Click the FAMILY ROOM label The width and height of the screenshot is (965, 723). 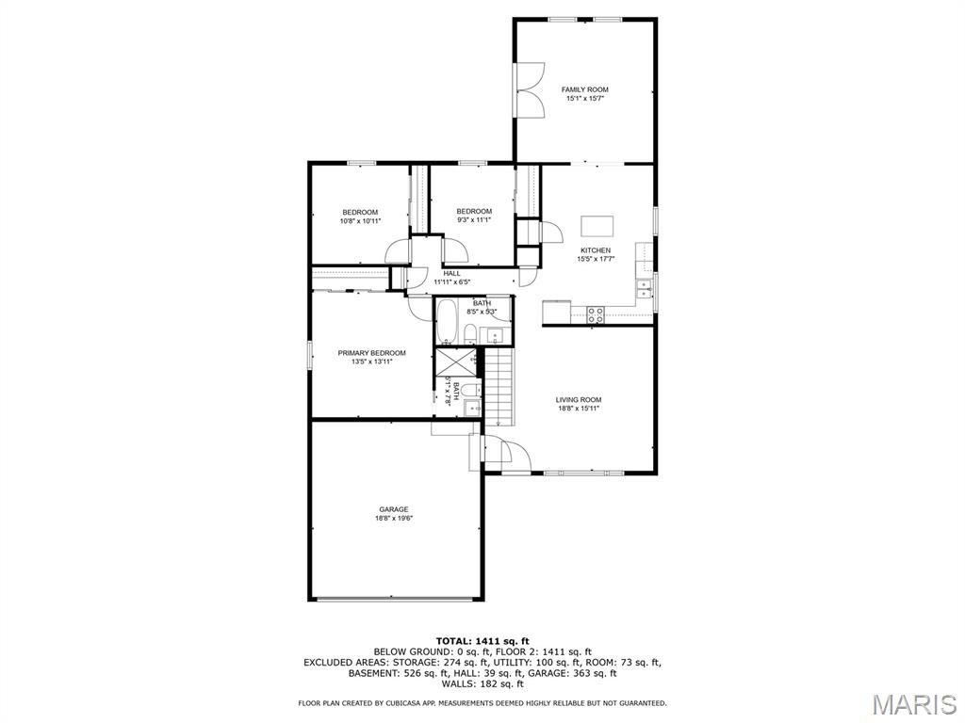[584, 89]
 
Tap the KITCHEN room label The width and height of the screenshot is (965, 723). [595, 250]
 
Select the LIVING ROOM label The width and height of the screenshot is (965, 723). [578, 400]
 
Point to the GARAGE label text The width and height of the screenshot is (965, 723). [394, 509]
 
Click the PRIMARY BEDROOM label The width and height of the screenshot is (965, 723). [371, 353]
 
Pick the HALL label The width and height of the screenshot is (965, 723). [451, 273]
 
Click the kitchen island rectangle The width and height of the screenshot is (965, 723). [597, 226]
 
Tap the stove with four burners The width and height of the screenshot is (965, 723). [596, 315]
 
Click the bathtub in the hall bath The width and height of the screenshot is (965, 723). [447, 322]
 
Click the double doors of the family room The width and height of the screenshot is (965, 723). [530, 89]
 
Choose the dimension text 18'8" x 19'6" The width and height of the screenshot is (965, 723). [394, 519]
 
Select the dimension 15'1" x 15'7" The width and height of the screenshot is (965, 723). [584, 99]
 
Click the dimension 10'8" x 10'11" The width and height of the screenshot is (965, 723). [359, 221]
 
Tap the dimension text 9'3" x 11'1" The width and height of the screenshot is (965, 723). [474, 220]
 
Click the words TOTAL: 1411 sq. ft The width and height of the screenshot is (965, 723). [482, 641]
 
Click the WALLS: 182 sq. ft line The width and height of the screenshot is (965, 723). [482, 683]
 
